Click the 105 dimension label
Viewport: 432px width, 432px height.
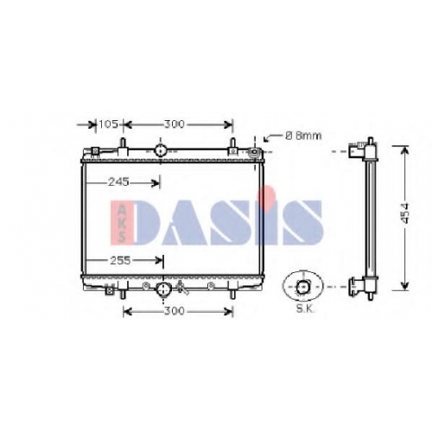coord(108,124)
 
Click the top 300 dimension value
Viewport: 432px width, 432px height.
coord(174,124)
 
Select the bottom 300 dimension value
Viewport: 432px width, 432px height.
coord(174,311)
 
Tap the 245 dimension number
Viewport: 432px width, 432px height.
coord(118,181)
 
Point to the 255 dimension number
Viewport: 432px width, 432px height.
coord(120,260)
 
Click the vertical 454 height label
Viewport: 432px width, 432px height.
coord(405,213)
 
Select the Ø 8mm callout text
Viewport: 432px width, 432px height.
coord(303,136)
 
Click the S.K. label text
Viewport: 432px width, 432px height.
coord(306,309)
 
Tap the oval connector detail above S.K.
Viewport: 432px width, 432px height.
coord(303,286)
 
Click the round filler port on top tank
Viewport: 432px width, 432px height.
coord(160,150)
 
